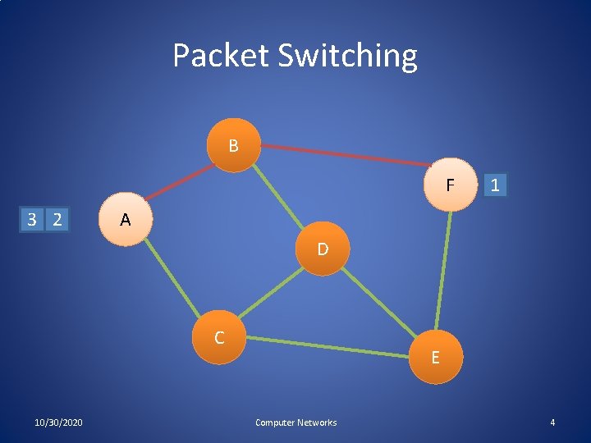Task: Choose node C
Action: [x=220, y=337]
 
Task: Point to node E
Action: [x=435, y=356]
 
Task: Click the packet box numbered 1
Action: [x=495, y=185]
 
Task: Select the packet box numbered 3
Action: [x=31, y=219]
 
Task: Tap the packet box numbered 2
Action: [x=57, y=219]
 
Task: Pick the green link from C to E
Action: [x=328, y=346]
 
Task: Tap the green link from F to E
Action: [x=444, y=271]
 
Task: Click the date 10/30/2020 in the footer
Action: [x=58, y=422]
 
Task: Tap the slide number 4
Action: [x=552, y=422]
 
